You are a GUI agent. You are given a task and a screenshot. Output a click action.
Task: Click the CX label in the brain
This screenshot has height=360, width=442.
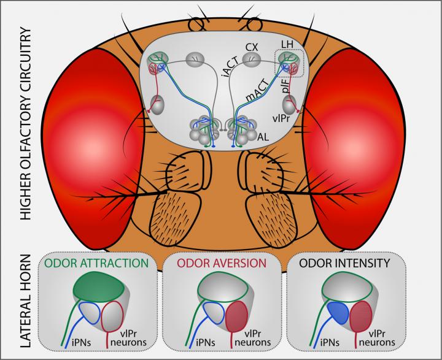coord(251,47)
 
